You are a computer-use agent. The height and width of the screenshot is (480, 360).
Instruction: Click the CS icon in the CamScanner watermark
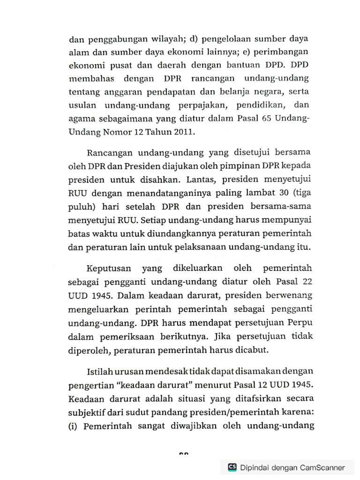point(232,467)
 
